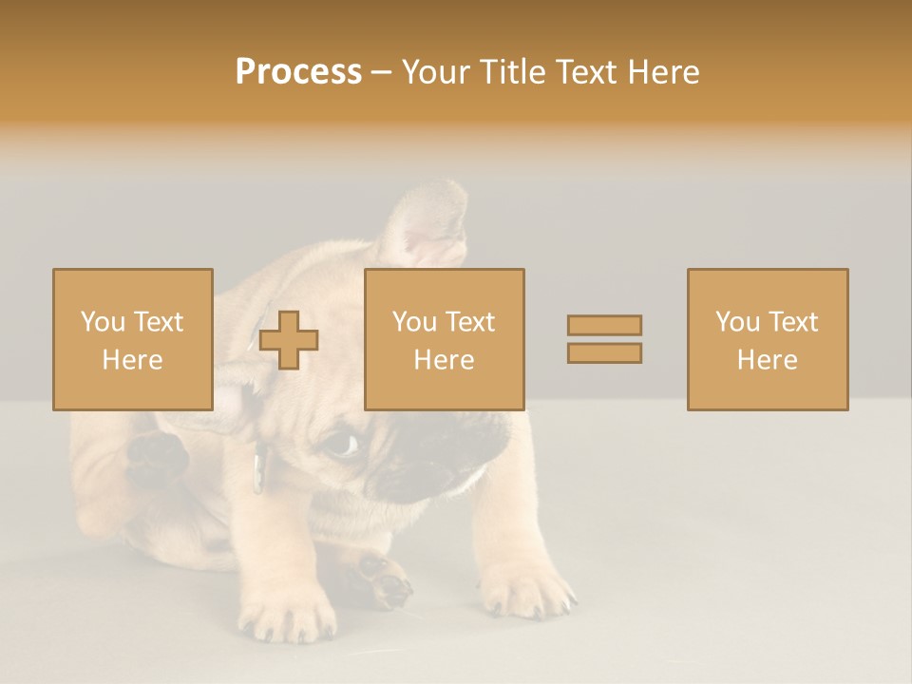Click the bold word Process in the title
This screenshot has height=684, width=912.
(x=298, y=72)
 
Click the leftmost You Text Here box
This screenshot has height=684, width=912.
(x=132, y=339)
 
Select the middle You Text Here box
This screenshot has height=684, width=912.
(x=444, y=339)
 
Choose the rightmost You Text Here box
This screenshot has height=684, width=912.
(x=767, y=339)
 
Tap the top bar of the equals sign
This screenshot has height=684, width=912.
(x=604, y=325)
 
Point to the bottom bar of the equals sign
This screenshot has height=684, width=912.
(x=604, y=352)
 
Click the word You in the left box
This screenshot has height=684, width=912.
(x=102, y=322)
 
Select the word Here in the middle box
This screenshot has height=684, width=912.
(x=444, y=360)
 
